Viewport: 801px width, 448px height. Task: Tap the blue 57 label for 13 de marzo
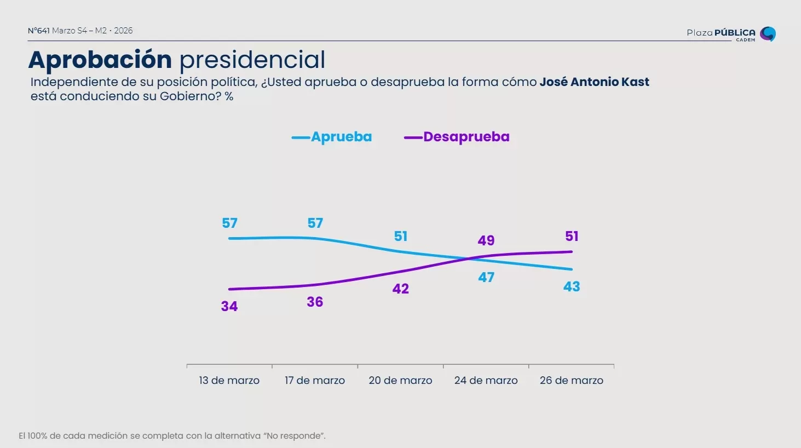coord(229,223)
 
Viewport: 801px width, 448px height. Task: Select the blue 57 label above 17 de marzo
coord(315,223)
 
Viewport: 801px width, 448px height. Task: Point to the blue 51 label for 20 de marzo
coord(401,236)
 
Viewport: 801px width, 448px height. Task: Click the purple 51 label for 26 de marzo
coord(572,236)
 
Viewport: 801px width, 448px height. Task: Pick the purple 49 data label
coord(486,240)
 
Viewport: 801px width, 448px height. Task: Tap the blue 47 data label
coord(486,277)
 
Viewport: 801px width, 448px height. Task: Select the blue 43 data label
coord(572,286)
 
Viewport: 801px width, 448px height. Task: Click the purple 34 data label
coord(229,306)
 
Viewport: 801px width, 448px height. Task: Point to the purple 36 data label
coord(315,302)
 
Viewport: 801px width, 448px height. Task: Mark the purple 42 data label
coord(401,289)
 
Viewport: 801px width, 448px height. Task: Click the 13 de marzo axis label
coord(229,380)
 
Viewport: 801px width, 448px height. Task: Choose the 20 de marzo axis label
coord(400,380)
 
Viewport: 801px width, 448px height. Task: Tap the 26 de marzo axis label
coord(571,380)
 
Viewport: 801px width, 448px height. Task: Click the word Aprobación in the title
coord(100,60)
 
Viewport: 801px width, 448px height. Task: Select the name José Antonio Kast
coord(594,82)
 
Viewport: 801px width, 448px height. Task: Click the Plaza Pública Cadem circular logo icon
coord(768,34)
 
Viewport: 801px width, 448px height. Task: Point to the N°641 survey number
coord(39,31)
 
